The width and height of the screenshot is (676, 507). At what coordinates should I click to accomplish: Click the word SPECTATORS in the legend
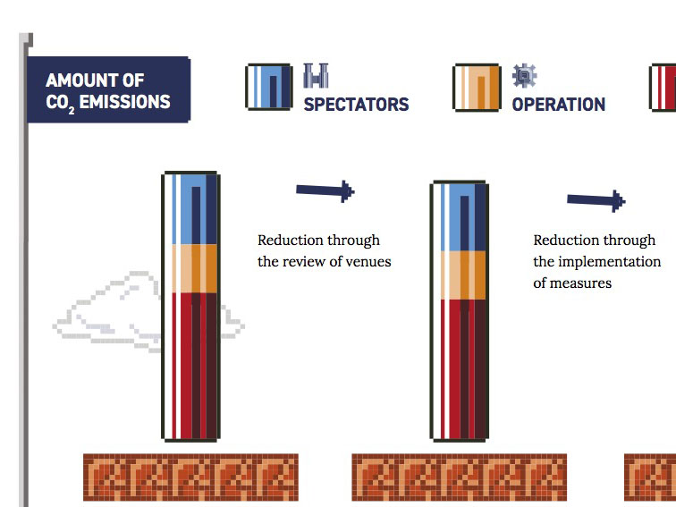[356, 104]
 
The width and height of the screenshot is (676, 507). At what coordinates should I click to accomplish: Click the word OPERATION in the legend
[558, 104]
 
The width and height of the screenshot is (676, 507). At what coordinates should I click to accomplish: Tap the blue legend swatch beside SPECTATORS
[268, 87]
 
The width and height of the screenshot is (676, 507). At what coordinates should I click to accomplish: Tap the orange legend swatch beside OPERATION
[476, 87]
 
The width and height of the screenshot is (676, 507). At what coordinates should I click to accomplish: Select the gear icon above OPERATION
[524, 76]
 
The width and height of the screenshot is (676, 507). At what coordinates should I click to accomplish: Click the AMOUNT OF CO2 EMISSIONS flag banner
[108, 90]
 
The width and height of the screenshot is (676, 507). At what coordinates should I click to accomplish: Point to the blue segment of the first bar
[190, 208]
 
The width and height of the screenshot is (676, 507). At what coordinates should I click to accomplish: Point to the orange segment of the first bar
[190, 267]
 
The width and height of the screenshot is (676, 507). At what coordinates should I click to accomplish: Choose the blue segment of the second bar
[460, 217]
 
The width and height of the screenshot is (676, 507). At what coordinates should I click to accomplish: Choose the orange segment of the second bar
[460, 275]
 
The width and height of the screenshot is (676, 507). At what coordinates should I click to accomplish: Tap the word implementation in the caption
[609, 261]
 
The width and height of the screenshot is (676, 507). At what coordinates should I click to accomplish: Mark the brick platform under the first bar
[190, 476]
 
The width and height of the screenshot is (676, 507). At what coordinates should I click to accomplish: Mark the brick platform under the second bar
[459, 476]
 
